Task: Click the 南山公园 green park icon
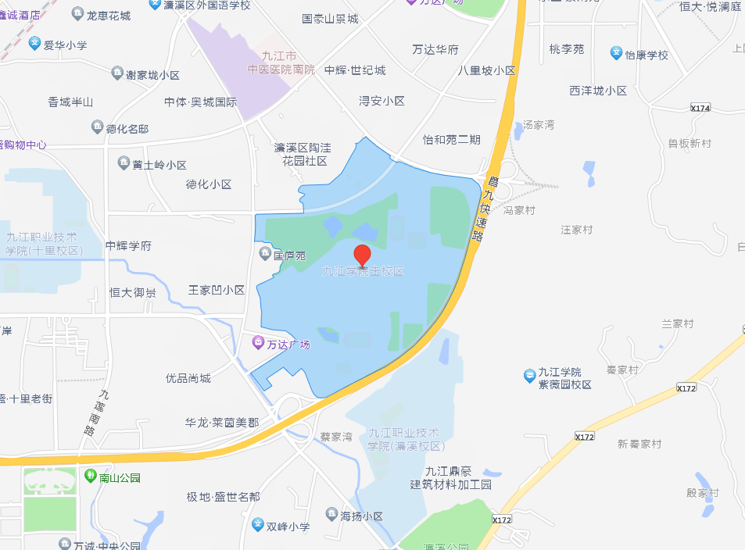(89, 476)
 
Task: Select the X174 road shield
(700, 109)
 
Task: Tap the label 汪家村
(577, 230)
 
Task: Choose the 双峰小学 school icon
(258, 525)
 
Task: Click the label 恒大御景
(132, 292)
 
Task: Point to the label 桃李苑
(566, 49)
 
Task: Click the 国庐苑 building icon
(266, 255)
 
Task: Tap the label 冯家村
(519, 210)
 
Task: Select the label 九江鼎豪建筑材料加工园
(453, 477)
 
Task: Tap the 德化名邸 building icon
(97, 127)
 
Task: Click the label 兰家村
(677, 323)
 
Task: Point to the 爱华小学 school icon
(34, 45)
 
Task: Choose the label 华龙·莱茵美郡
(221, 422)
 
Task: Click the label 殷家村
(702, 492)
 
